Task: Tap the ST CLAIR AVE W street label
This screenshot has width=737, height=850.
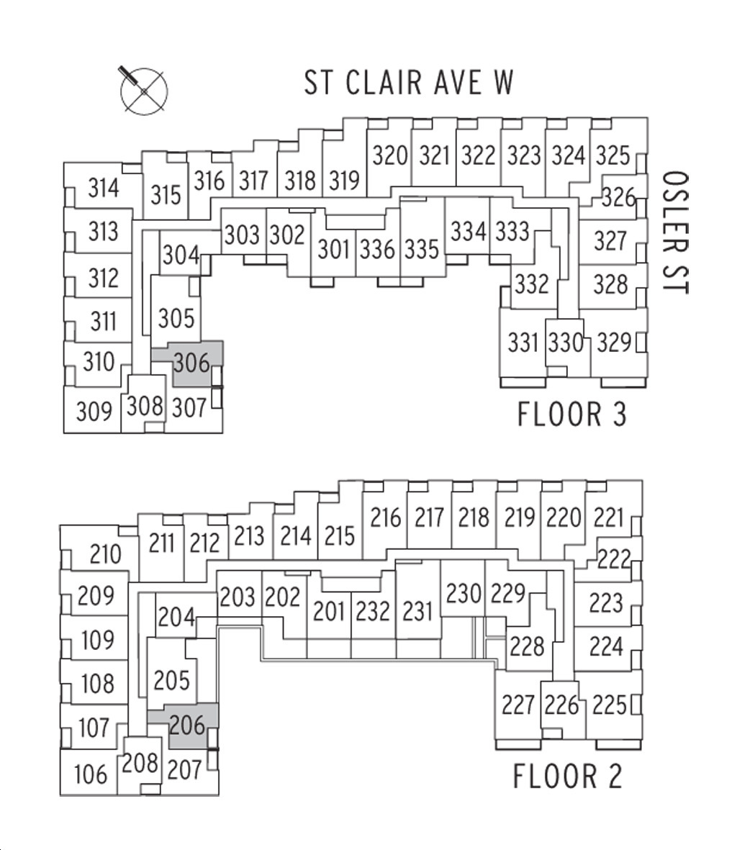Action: click(x=409, y=83)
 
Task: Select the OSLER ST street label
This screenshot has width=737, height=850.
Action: click(x=675, y=232)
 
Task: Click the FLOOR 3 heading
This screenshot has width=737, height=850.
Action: click(x=572, y=414)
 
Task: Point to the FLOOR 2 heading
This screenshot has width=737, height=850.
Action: click(x=567, y=776)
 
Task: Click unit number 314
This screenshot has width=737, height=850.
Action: click(x=104, y=189)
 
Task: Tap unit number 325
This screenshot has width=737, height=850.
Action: click(x=613, y=155)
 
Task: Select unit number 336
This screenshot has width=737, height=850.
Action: click(x=377, y=249)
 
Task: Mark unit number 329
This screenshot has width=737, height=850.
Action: click(x=614, y=343)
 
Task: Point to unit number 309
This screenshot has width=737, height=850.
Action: click(x=94, y=412)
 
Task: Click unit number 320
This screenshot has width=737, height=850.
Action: click(x=389, y=155)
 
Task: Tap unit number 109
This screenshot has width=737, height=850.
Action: click(x=98, y=641)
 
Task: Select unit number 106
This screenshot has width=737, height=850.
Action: click(x=91, y=774)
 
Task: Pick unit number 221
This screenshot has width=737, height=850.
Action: click(x=609, y=517)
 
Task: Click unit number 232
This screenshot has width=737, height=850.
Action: click(x=373, y=612)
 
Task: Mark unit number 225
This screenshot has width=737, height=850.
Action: click(x=609, y=705)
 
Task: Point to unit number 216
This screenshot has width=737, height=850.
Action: click(x=385, y=517)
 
